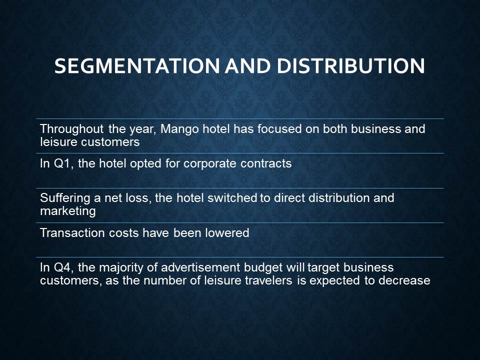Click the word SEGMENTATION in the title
click(137, 66)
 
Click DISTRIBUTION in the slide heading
click(351, 66)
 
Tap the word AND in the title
click(248, 66)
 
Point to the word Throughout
click(71, 129)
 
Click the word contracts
click(266, 164)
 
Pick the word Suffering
click(65, 198)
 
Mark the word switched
click(232, 198)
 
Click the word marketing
click(68, 211)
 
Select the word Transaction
click(72, 233)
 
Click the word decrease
click(404, 280)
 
